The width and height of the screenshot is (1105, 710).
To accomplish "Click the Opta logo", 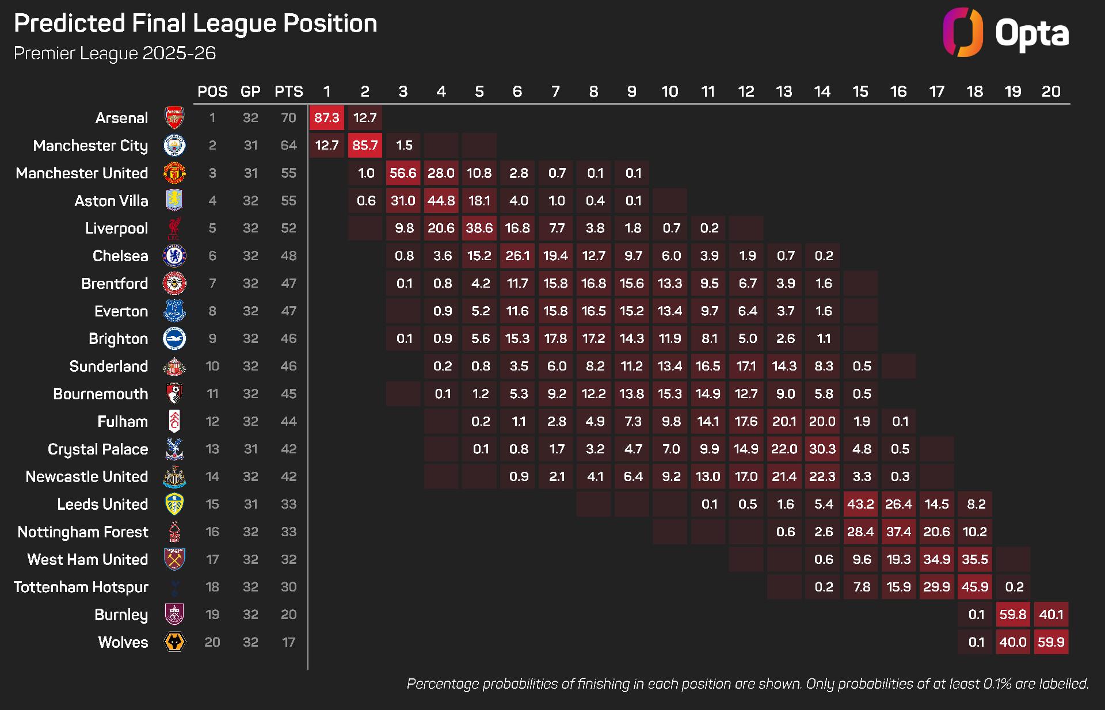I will (x=1006, y=33).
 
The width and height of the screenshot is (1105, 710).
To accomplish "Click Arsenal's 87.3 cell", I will (x=327, y=118).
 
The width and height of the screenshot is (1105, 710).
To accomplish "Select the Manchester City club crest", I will (x=174, y=146).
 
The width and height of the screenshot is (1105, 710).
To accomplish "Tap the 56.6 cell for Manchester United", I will (x=403, y=173).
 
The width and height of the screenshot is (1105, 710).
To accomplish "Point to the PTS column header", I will (x=288, y=91).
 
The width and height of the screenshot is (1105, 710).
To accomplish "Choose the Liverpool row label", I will (x=116, y=228).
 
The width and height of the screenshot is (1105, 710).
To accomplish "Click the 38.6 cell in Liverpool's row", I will (x=479, y=228).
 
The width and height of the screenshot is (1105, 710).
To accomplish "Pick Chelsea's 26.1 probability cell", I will (x=517, y=256).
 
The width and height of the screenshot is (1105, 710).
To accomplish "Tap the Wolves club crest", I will (x=174, y=642).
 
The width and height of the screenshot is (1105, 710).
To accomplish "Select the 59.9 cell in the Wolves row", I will (x=1051, y=642).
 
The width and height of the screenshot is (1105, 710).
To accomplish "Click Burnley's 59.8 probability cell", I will (x=1013, y=614).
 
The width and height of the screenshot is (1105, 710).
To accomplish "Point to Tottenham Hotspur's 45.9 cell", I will (x=975, y=587).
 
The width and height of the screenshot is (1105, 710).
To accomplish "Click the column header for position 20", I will (x=1051, y=91).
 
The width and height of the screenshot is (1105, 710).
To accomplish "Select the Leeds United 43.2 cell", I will (x=860, y=504).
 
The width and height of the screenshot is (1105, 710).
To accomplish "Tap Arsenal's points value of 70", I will (x=288, y=118).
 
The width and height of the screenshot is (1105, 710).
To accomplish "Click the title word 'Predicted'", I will (x=69, y=24).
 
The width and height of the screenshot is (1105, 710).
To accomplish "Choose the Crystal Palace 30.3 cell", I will (x=822, y=449).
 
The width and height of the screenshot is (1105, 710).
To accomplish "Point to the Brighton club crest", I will (x=174, y=339).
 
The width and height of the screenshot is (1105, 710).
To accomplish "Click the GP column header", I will (x=250, y=91).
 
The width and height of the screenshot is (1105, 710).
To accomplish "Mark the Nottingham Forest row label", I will (x=83, y=532).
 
